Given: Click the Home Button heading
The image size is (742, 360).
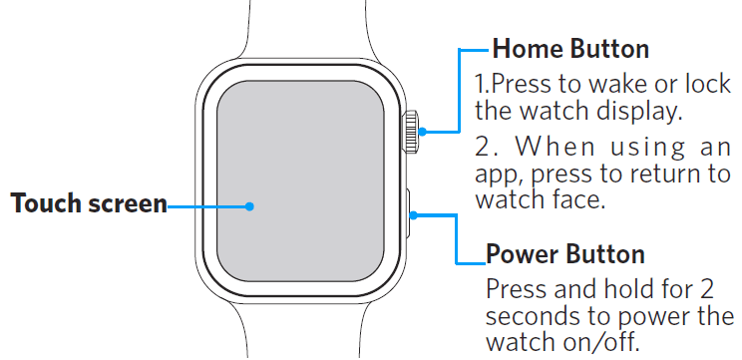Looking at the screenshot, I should (570, 48).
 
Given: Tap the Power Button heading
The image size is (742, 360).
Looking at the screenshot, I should (564, 253).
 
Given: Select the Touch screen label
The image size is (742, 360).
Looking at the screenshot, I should (89, 204).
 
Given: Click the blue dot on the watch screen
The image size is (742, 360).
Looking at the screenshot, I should (251, 206).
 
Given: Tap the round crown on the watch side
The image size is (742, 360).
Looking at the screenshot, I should (409, 133).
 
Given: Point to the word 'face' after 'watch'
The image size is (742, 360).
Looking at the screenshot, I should (578, 199).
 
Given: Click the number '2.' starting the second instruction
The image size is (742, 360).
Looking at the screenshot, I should (485, 148).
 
